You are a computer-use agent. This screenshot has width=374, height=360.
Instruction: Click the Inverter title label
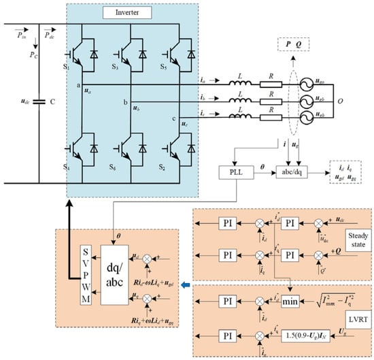122,12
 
